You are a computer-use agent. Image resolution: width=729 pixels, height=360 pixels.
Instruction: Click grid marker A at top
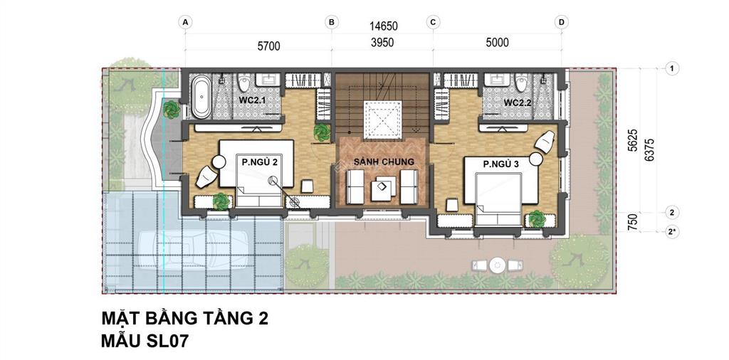pyautogui.click(x=185, y=22)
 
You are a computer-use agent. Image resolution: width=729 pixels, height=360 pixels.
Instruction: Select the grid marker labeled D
pyautogui.click(x=562, y=22)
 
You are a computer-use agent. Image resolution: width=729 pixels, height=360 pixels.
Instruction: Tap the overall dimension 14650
pyautogui.click(x=382, y=26)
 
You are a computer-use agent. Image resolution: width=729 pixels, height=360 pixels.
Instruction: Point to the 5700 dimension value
pyautogui.click(x=268, y=46)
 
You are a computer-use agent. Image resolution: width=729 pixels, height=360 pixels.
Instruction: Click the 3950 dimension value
pyautogui.click(x=382, y=43)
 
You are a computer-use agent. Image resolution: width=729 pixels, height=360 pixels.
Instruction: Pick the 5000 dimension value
pyautogui.click(x=497, y=43)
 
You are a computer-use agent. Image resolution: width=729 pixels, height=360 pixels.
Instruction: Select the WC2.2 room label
pyautogui.click(x=518, y=103)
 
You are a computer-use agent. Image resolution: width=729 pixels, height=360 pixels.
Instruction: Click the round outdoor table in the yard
pyautogui.click(x=496, y=265)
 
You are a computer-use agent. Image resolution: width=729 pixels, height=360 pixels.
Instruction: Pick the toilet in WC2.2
pyautogui.click(x=521, y=84)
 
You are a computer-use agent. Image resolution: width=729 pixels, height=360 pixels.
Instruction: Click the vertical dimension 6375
pyautogui.click(x=650, y=150)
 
